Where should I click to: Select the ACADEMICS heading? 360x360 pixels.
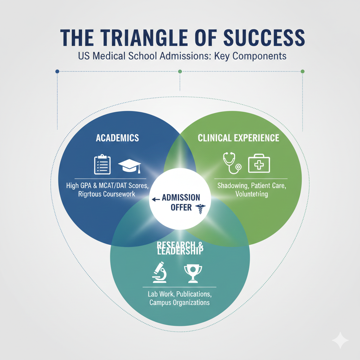coord(117,137)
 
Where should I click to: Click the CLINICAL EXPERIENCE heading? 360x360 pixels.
coord(238,137)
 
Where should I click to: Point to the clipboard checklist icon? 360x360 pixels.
coord(102,165)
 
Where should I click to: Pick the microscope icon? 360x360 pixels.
coord(159,272)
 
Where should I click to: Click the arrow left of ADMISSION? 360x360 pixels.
coord(155,199)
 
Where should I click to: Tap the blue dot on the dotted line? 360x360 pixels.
coord(57,71)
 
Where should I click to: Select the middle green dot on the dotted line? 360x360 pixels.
coord(180,71)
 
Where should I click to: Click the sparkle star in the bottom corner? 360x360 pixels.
coord(340,340)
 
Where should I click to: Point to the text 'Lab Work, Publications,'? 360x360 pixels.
coord(180,294)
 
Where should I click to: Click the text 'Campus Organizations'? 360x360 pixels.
coord(180,302)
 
